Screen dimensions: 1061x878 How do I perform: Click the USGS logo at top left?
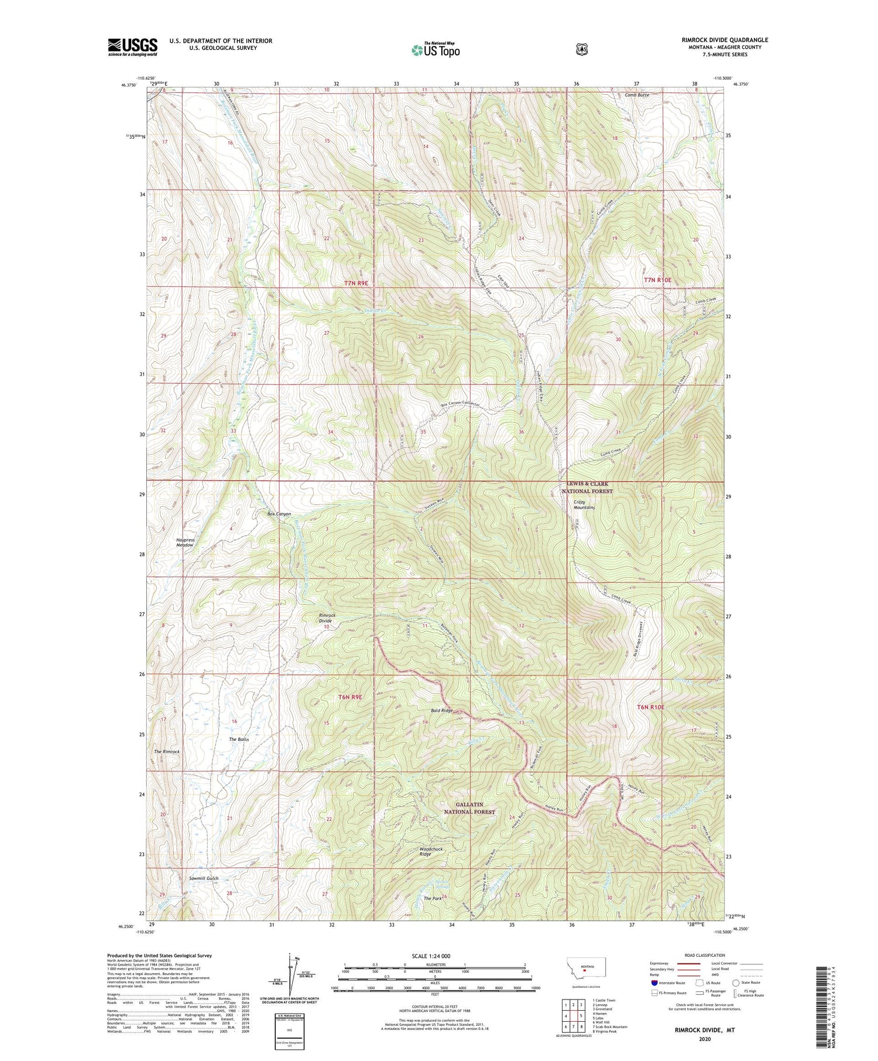[x=132, y=47]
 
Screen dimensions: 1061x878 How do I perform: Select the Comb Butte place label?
[x=637, y=95]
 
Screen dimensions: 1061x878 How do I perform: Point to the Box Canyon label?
[x=279, y=514]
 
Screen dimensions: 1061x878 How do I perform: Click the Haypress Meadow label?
[x=184, y=542]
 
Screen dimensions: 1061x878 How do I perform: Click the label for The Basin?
[x=239, y=740]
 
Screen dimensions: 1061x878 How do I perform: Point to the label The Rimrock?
[x=167, y=751]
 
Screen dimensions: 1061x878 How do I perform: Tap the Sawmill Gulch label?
[x=203, y=878]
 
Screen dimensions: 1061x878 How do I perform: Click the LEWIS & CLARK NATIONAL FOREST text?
[x=587, y=487]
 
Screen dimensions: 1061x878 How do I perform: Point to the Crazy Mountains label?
[x=584, y=504]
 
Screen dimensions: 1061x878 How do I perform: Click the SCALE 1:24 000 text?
[x=434, y=956]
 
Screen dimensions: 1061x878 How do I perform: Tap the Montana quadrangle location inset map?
[x=586, y=971]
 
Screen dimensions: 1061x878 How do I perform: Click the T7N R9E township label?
[x=356, y=283]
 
